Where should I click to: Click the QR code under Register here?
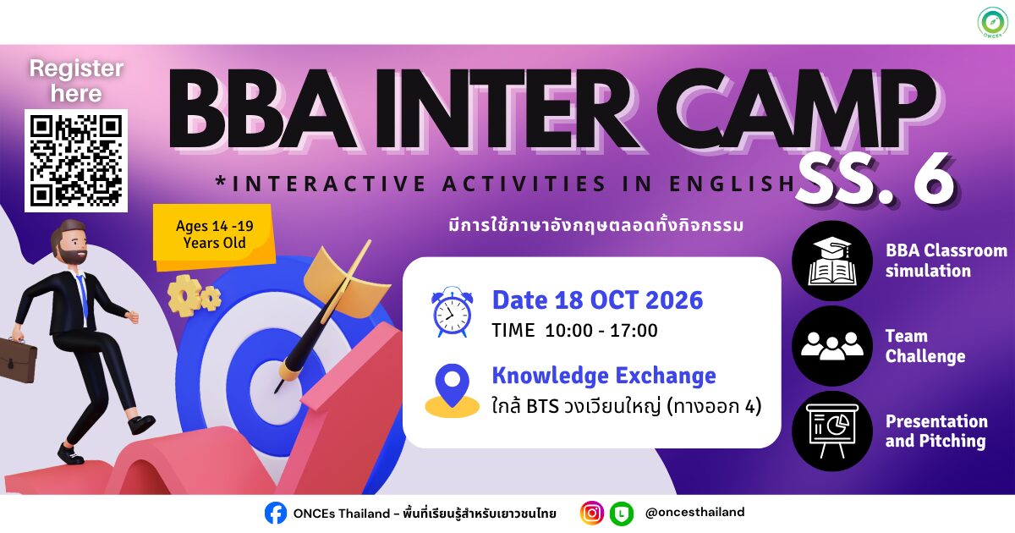click(75, 161)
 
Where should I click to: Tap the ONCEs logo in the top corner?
click(992, 22)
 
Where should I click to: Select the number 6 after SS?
click(934, 180)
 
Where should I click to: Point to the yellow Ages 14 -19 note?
click(214, 234)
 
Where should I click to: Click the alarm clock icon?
click(452, 312)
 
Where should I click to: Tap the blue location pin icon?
click(452, 386)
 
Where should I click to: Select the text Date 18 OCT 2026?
click(597, 300)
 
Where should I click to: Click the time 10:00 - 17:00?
click(601, 331)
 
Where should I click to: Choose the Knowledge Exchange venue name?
click(604, 376)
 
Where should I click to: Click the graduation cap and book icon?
click(832, 261)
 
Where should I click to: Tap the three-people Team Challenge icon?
click(832, 346)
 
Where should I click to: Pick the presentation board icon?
click(832, 431)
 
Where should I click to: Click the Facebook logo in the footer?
click(276, 513)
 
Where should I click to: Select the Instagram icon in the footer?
click(592, 513)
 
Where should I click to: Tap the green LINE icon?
click(621, 514)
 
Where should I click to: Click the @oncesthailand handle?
click(694, 512)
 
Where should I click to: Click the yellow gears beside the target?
click(194, 296)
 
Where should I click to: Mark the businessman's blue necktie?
click(83, 296)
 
